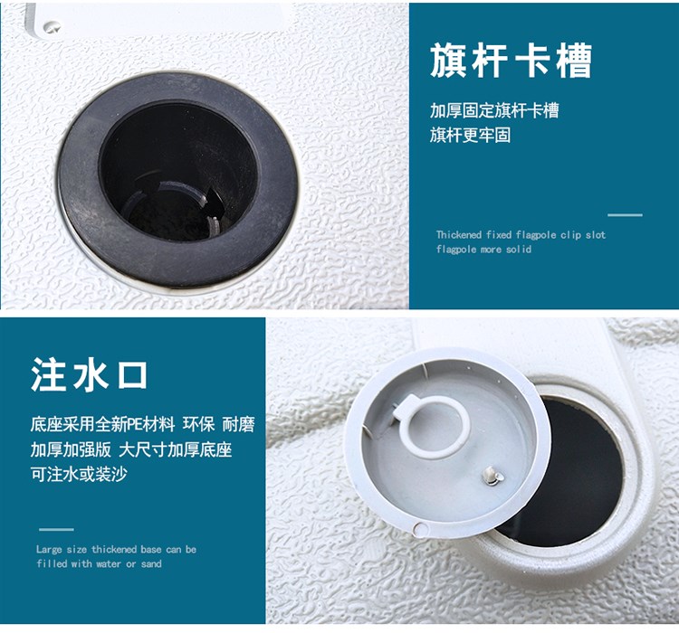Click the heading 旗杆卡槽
click(x=511, y=61)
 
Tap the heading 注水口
click(x=90, y=374)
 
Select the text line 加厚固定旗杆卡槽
click(x=494, y=110)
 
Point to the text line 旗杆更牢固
click(x=470, y=135)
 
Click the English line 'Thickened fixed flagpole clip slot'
click(x=521, y=235)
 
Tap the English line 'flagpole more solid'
click(x=483, y=250)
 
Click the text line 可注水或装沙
click(x=79, y=474)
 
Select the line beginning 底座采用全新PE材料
click(x=142, y=424)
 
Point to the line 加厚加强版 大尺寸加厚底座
click(x=131, y=449)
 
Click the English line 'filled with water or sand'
click(x=100, y=563)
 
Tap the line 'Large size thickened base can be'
click(x=117, y=550)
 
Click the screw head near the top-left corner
click(x=52, y=27)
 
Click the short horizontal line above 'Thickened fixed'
click(x=625, y=214)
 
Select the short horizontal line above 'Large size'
click(x=56, y=529)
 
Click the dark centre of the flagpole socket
click(x=177, y=173)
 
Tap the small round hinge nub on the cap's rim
click(x=419, y=529)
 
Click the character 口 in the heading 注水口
click(x=132, y=375)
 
